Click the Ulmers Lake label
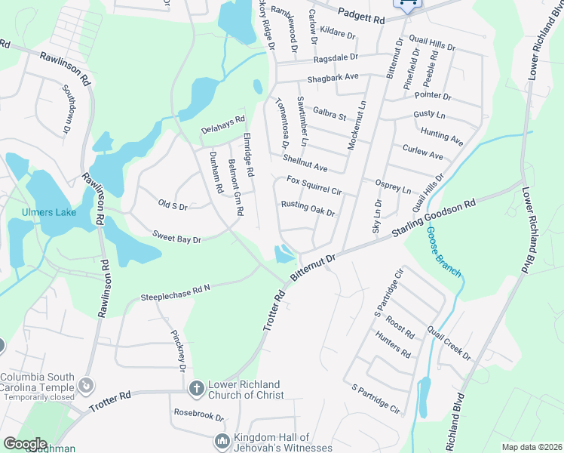(x=49, y=212)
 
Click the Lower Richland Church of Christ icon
(x=196, y=388)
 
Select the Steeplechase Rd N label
(x=175, y=293)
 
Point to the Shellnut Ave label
(x=305, y=162)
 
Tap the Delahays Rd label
(x=223, y=125)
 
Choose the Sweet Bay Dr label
(x=177, y=238)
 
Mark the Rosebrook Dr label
(x=199, y=415)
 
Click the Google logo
(x=25, y=444)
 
